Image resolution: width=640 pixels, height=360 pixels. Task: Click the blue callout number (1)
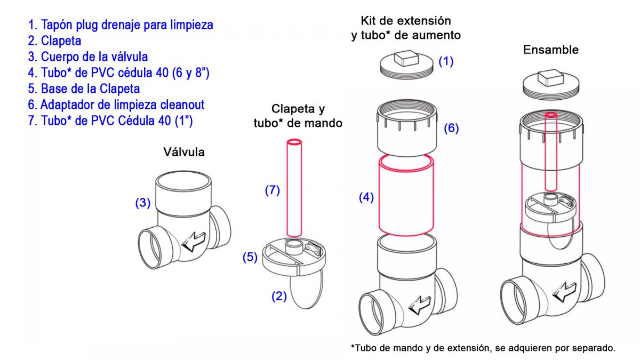pos(446,61)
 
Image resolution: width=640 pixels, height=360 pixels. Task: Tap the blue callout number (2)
pos(279,296)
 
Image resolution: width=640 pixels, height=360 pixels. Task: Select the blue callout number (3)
pos(142,203)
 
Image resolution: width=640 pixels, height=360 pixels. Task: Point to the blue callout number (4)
pos(366,197)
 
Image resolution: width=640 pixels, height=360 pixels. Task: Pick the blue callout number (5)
pos(250,257)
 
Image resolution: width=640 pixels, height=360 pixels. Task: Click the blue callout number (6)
pos(451,129)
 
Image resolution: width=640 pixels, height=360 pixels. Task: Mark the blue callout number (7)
pos(272,190)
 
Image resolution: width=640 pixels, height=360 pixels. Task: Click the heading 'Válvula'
pos(183,152)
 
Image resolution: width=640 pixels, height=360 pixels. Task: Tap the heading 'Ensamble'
pos(551,50)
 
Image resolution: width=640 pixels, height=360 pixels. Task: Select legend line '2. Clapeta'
pos(54,41)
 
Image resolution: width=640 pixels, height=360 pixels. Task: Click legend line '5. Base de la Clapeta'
pos(84,89)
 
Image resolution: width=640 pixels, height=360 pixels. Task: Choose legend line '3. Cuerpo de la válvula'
pos(88,57)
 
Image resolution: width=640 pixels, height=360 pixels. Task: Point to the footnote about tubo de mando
pos(483,348)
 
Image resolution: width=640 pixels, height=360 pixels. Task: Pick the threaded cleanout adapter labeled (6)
pos(407,131)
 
